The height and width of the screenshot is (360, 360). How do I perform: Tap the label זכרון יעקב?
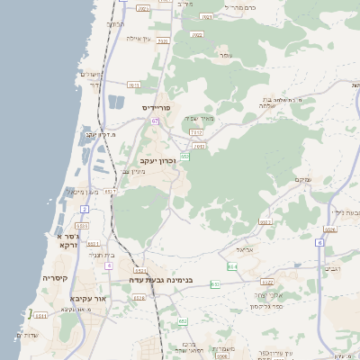coord(157,161)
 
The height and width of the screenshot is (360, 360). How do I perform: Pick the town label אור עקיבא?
coord(87,298)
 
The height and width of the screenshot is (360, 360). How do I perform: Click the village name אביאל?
coord(245,248)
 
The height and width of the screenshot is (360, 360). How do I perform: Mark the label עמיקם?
coord(303,180)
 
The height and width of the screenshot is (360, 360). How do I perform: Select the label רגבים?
coord(332,268)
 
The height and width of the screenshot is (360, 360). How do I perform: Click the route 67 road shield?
coord(155,120)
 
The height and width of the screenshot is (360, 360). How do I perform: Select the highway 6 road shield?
coord(319,242)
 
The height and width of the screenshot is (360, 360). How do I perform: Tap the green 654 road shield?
coord(232,265)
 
